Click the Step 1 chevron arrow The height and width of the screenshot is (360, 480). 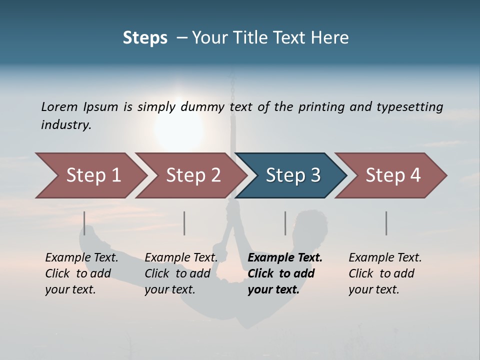click(x=90, y=175)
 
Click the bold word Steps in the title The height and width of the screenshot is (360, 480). click(x=145, y=37)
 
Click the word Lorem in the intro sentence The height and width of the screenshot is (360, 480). click(x=58, y=107)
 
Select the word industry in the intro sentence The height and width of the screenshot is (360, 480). click(x=66, y=125)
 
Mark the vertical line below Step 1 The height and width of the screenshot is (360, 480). click(x=84, y=223)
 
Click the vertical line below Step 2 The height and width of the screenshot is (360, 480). click(x=184, y=223)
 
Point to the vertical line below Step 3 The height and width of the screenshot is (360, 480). click(x=285, y=223)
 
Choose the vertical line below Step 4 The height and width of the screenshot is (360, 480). click(x=386, y=223)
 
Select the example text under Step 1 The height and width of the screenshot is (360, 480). click(x=81, y=273)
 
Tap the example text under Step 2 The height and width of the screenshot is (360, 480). click(x=181, y=273)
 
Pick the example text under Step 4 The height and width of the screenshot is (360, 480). click(x=385, y=273)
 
